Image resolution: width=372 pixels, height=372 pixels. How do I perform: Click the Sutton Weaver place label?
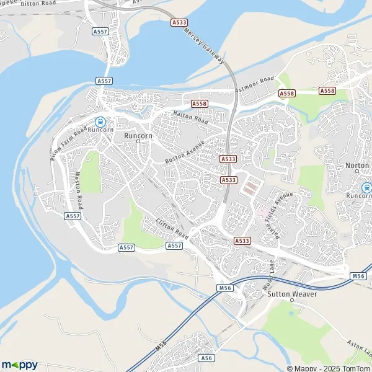point(292,294)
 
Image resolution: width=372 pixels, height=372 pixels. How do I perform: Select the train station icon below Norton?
point(366,187)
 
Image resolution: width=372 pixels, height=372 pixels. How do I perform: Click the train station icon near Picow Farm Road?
point(100,122)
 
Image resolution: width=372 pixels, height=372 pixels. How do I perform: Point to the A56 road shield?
point(207,358)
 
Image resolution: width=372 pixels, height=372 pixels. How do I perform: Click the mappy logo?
point(19,365)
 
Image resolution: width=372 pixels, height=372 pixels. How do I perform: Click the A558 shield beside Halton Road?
point(199,104)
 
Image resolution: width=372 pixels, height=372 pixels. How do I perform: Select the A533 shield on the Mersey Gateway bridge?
point(179,22)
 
